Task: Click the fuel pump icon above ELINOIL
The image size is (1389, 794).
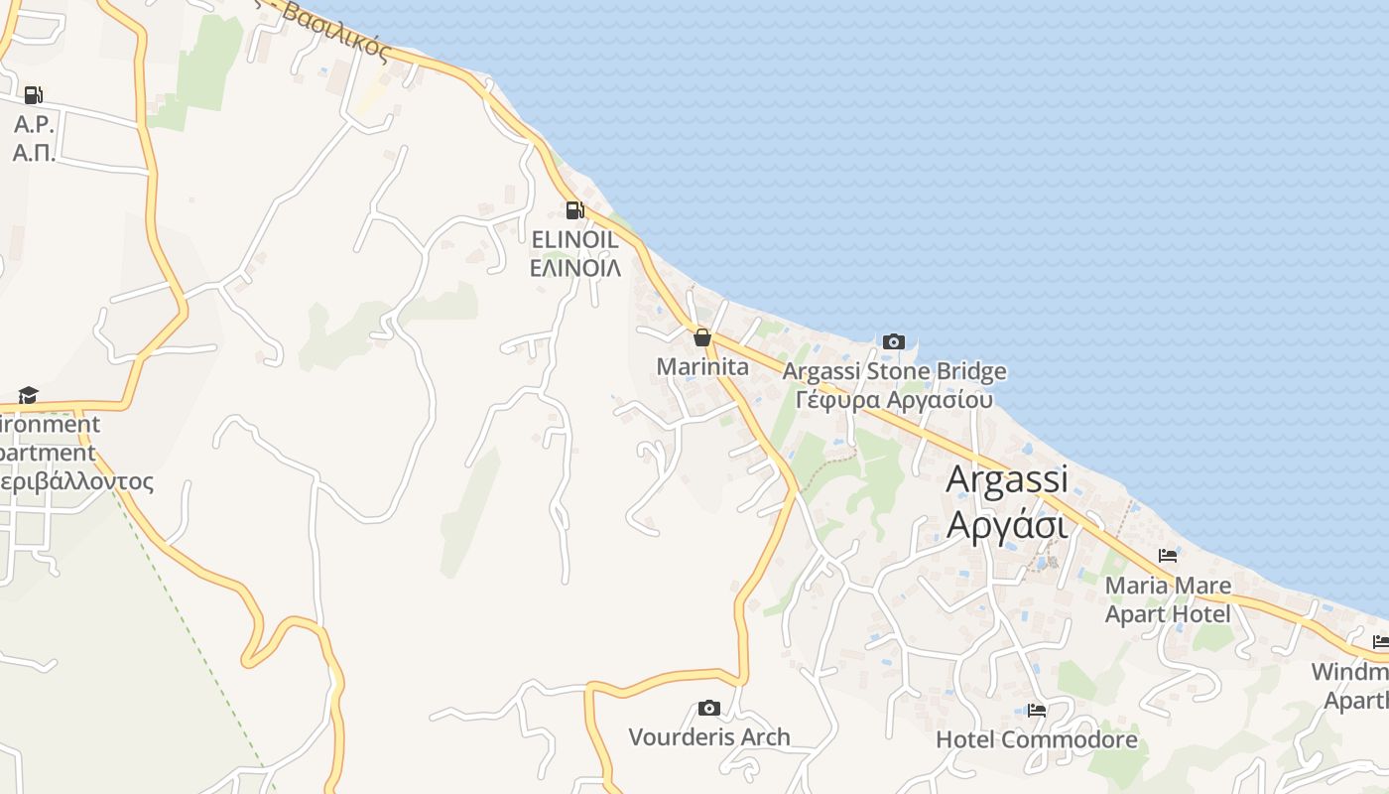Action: tap(573, 210)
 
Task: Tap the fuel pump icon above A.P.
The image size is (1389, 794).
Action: tap(33, 95)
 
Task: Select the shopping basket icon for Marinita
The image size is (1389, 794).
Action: tap(702, 338)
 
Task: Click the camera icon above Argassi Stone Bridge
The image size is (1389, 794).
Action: tap(894, 342)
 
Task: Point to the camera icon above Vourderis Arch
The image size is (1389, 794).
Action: tap(708, 708)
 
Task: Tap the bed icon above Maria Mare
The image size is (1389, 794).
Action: tap(1168, 556)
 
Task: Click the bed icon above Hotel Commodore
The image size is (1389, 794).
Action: tap(1037, 711)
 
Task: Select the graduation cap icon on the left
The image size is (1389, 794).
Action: tap(28, 396)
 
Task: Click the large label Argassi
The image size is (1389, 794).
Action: tap(1006, 479)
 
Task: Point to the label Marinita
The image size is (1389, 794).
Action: tap(702, 367)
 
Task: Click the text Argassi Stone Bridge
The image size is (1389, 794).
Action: tap(894, 372)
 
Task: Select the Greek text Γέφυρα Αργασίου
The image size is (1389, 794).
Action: tap(894, 400)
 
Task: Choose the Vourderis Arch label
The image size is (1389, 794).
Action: tap(709, 737)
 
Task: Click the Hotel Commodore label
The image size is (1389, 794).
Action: tap(1037, 740)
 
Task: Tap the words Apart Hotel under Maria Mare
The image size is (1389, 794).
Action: tap(1168, 614)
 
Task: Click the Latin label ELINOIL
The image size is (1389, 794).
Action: tap(574, 240)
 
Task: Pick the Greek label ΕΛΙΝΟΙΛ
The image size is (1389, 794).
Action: tap(574, 268)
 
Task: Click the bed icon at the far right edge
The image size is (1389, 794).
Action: tap(1380, 642)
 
